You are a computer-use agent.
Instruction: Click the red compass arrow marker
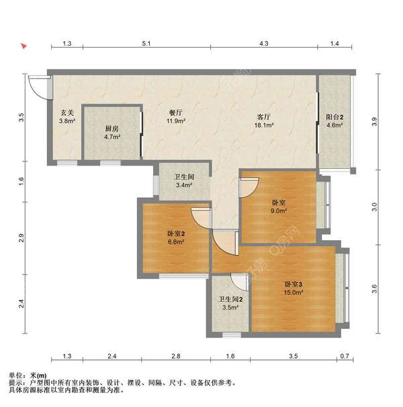[24, 46]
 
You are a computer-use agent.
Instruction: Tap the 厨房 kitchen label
[112, 128]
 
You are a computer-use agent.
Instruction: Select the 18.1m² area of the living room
[264, 125]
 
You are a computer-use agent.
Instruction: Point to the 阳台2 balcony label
[334, 117]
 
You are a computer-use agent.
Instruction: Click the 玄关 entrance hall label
[67, 112]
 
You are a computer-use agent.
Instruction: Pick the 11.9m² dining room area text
[176, 120]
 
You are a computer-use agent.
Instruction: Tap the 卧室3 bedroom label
[294, 284]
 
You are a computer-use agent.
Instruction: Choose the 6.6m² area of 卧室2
[176, 242]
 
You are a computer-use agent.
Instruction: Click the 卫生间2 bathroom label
[230, 299]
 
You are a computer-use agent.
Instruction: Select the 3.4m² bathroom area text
[184, 185]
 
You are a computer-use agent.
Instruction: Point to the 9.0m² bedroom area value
[279, 211]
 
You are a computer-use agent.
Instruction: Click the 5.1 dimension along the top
[146, 43]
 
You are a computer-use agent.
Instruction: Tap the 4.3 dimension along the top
[264, 43]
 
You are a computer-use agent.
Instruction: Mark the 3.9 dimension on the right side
[374, 122]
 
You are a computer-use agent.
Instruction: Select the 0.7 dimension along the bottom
[345, 356]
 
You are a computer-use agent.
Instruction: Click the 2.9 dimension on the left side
[21, 237]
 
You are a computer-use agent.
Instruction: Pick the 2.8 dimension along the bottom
[176, 356]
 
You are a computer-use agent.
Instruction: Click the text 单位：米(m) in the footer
[28, 375]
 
